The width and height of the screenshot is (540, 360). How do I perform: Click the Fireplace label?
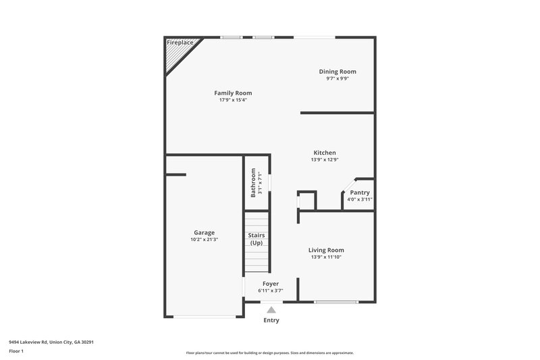coord(181,43)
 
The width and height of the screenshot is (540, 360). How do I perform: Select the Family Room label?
coord(233,93)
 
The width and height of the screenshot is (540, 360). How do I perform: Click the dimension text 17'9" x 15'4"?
coord(233,100)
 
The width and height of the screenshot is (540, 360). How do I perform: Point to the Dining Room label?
coord(337,72)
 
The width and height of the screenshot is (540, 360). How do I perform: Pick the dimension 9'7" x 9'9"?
coord(337,78)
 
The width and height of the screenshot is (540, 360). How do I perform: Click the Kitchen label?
coord(324,153)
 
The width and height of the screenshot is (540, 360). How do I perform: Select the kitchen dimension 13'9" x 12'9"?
coord(324,160)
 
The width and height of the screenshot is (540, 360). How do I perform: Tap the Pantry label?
coord(359,192)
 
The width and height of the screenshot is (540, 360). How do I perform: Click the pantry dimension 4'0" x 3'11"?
coord(359,199)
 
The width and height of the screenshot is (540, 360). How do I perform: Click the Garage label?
coord(204,232)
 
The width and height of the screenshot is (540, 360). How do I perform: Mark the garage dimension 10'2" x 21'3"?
coord(204,239)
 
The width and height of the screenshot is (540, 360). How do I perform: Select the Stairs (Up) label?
coord(256,239)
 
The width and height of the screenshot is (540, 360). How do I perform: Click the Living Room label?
coord(326,250)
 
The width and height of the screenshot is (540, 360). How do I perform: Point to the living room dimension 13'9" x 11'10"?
coord(326,257)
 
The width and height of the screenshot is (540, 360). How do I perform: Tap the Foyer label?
coord(270,284)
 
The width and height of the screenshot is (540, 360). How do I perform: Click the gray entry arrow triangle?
coord(271,309)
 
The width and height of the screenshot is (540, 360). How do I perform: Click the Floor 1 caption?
coord(17,352)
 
